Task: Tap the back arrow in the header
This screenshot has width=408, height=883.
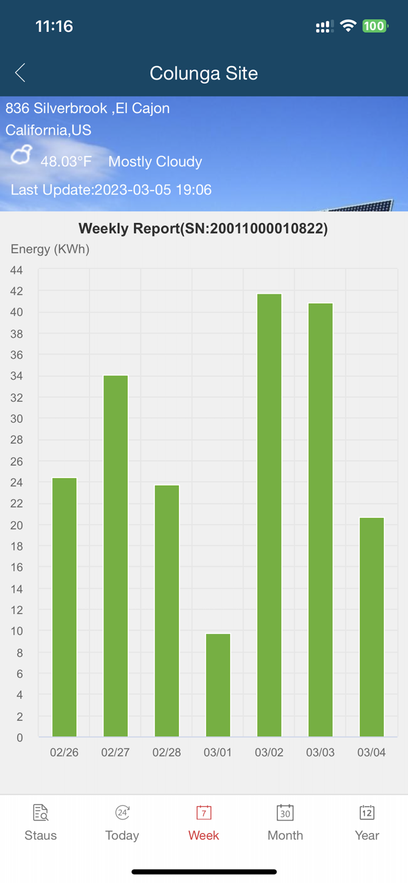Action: pos(20,73)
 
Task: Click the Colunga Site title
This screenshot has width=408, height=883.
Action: pos(204,73)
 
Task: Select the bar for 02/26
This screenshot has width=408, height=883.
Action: pos(64,606)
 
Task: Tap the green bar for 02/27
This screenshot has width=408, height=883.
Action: pos(115,556)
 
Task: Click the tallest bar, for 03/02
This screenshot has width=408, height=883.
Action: pos(269,515)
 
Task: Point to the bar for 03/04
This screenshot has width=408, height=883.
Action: pos(371,627)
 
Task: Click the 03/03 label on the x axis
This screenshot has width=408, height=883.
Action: pos(320,752)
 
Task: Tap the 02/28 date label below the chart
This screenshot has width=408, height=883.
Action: pos(167,752)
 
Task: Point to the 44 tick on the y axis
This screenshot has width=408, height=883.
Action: pos(16,270)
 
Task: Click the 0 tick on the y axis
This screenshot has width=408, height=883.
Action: pos(19,738)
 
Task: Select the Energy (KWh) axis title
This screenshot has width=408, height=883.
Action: pos(50,249)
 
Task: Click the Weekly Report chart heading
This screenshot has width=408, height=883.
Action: pos(203,228)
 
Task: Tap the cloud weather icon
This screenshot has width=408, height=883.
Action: pos(22,156)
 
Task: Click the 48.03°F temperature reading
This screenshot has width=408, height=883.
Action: pos(66,161)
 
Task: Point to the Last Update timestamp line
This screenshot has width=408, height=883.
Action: pos(111,190)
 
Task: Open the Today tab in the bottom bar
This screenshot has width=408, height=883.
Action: pos(122,822)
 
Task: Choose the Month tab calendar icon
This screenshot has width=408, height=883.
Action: pos(285,813)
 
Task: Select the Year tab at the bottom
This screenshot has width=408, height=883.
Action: pos(367,822)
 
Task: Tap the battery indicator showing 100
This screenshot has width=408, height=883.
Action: pos(374,26)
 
